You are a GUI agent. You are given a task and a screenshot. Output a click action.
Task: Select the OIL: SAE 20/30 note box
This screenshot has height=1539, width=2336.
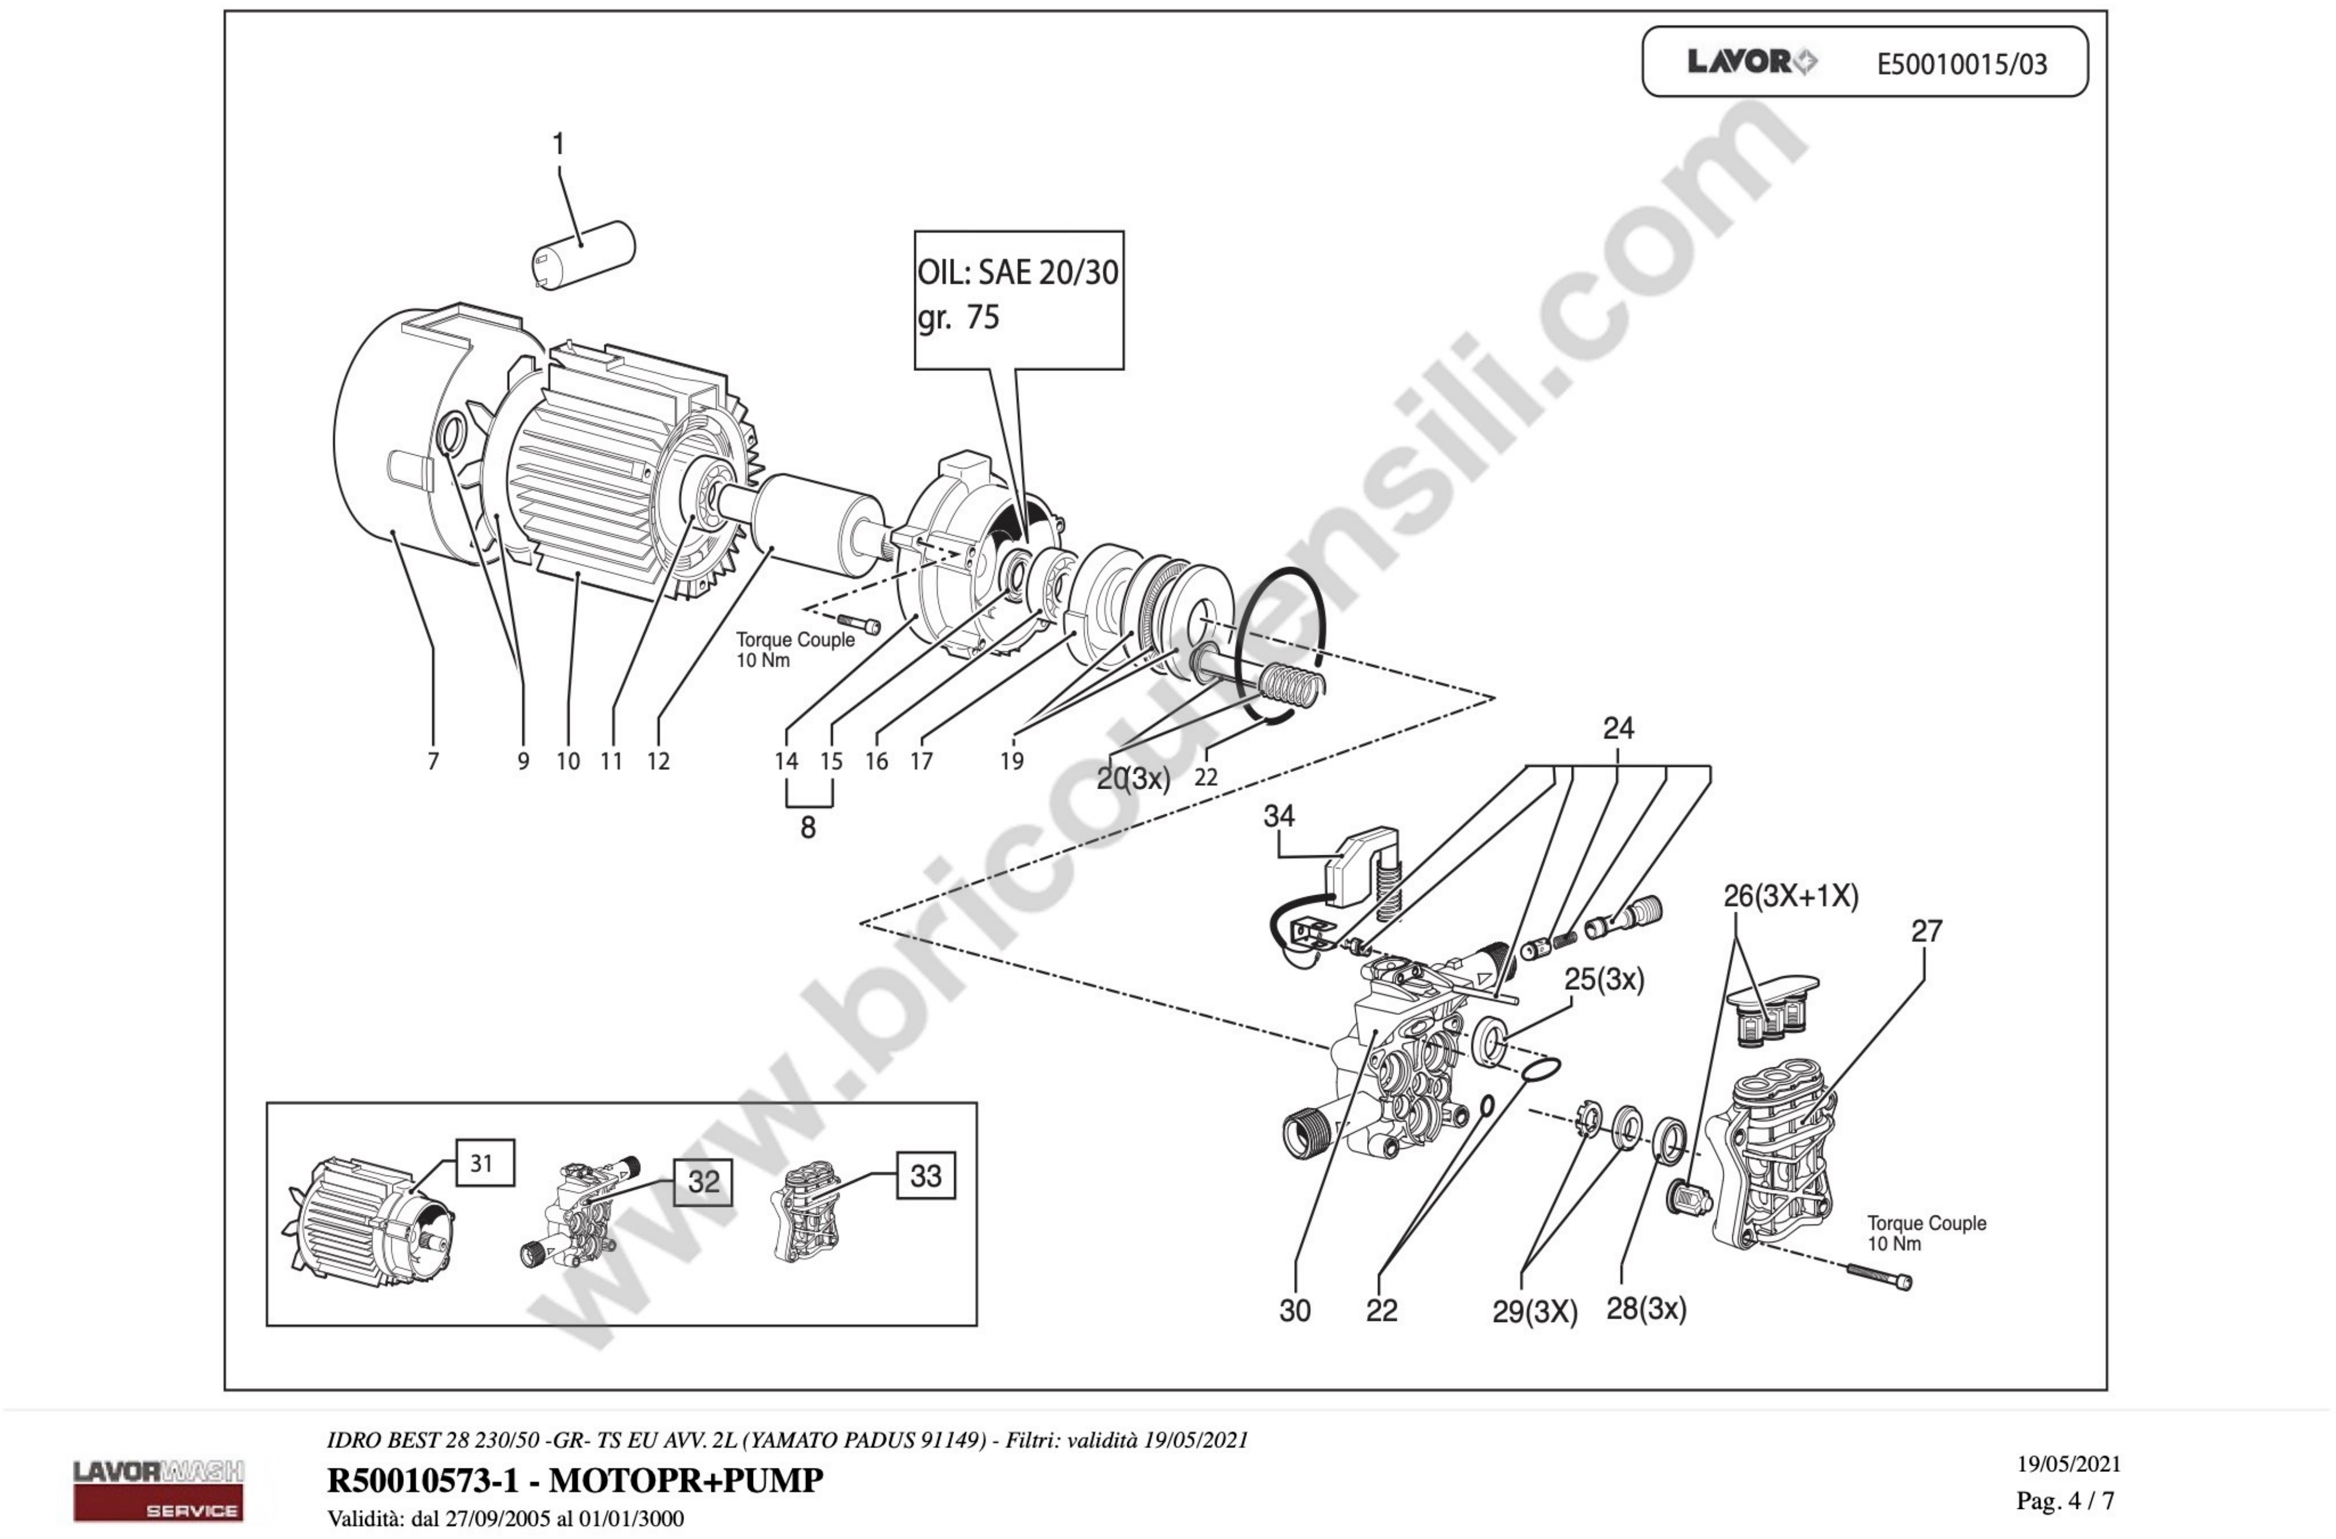tap(1018, 299)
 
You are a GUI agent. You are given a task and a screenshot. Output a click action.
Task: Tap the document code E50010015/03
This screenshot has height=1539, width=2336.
tap(1961, 65)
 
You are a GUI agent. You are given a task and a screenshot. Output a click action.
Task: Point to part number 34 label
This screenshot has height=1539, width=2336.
tap(1278, 817)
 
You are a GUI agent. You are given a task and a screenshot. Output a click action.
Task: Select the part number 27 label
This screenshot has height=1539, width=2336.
tap(1926, 931)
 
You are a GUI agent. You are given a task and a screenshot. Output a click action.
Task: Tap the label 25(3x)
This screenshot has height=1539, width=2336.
tap(1604, 979)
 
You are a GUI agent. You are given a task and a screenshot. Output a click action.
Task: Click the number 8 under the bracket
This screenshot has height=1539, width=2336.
tap(808, 827)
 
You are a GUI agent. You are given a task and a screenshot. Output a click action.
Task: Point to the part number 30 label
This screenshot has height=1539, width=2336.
tap(1294, 1311)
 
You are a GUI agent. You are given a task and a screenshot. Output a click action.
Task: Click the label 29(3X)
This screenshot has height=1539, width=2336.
tap(1534, 1312)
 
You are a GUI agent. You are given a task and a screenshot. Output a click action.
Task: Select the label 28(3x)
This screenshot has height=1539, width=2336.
tap(1646, 1308)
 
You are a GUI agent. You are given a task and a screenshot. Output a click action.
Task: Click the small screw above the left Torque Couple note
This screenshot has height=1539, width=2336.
tap(859, 622)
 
